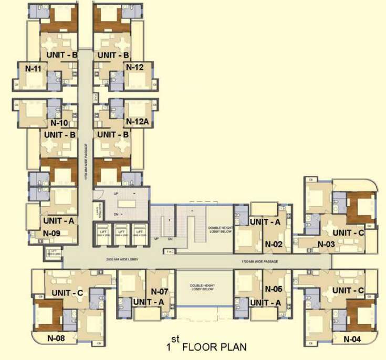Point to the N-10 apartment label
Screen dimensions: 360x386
click(x=60, y=123)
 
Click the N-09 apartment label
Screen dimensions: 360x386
click(x=53, y=233)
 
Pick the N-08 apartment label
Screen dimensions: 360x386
click(x=56, y=338)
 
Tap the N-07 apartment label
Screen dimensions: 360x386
click(x=159, y=291)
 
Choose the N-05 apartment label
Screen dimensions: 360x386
click(x=274, y=289)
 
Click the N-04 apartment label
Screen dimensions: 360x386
click(x=352, y=338)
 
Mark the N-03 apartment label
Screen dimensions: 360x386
click(x=326, y=243)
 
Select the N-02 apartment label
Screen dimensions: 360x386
click(x=274, y=243)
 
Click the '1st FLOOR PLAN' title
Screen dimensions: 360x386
click(x=203, y=347)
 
